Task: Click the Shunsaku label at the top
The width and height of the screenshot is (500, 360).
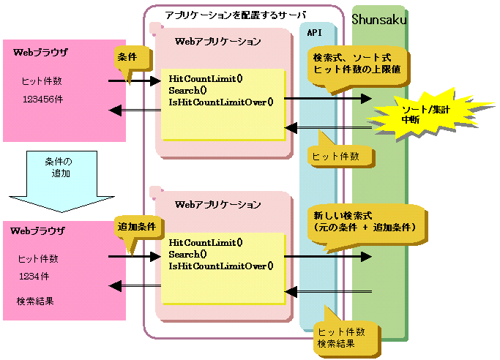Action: [379, 18]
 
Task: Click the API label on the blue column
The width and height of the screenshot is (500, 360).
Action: [316, 32]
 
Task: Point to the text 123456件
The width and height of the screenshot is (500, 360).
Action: [42, 98]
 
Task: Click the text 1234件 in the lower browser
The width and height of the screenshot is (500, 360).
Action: [34, 275]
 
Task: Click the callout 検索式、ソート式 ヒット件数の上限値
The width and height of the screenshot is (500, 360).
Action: [357, 64]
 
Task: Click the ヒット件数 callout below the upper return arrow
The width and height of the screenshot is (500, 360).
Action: [336, 156]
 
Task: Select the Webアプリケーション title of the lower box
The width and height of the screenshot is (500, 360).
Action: [218, 203]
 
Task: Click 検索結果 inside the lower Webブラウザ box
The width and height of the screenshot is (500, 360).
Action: [36, 301]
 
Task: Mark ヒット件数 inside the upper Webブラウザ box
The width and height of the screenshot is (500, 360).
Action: [40, 80]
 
